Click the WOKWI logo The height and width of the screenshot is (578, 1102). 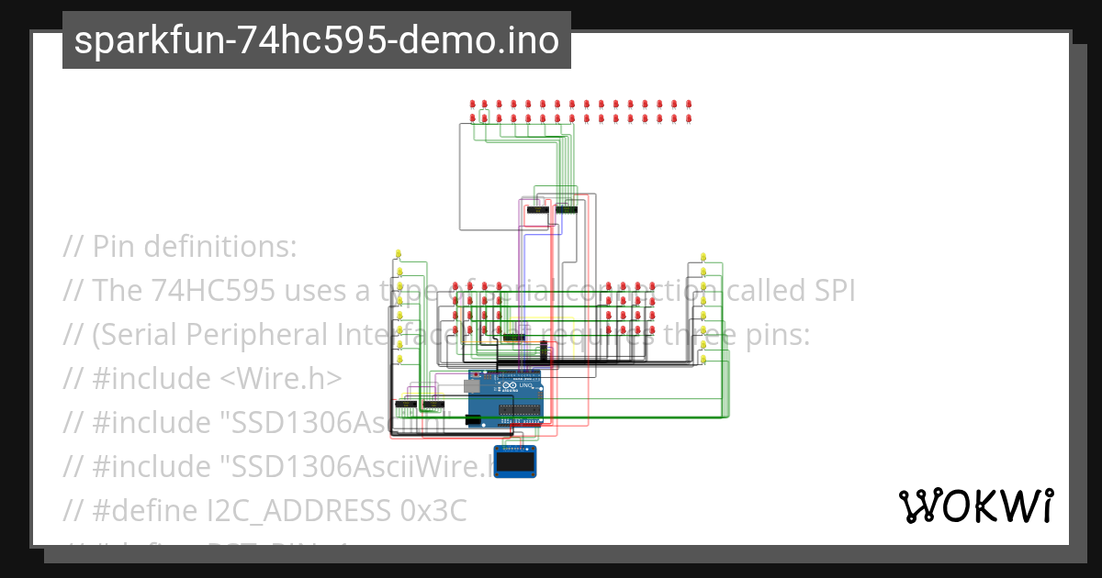click(x=976, y=506)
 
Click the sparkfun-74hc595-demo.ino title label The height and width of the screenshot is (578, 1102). click(x=317, y=41)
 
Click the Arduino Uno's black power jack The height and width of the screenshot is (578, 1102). click(x=474, y=420)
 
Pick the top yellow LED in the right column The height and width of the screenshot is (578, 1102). click(x=703, y=256)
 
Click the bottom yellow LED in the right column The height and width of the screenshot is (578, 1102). click(x=703, y=360)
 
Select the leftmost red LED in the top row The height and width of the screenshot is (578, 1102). click(x=473, y=104)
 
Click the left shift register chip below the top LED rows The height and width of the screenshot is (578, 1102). click(x=536, y=211)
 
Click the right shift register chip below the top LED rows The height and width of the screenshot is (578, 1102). click(x=566, y=211)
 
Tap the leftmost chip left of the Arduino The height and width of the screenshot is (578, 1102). click(x=404, y=404)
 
